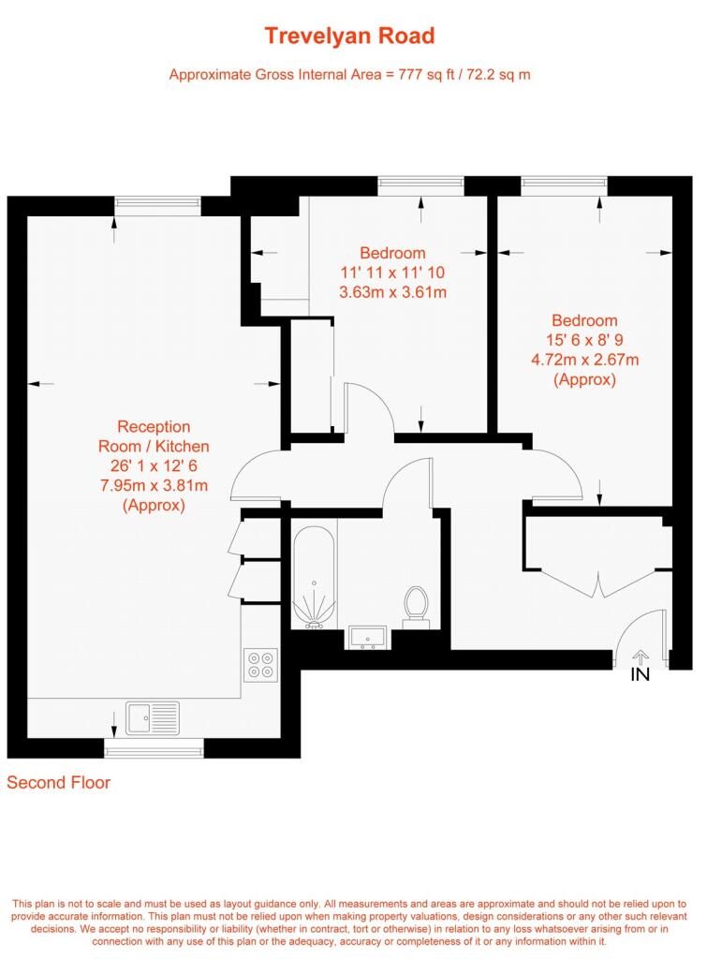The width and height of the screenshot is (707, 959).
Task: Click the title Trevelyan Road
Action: (349, 37)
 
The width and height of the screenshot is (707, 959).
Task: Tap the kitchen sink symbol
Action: (153, 717)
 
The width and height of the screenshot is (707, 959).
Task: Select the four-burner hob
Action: (260, 665)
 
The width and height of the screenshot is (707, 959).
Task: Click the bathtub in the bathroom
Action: (315, 578)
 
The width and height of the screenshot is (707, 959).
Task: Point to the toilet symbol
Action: (416, 607)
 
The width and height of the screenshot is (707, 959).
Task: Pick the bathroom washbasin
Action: (367, 637)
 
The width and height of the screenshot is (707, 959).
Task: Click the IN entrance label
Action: (640, 674)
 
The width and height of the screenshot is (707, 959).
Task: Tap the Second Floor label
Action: (59, 783)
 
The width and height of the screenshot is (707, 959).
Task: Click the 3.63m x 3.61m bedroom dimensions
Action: (392, 292)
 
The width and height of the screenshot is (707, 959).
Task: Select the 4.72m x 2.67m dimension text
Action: (584, 360)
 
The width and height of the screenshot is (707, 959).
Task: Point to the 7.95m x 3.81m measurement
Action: (154, 486)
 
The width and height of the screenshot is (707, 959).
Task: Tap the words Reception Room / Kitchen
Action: (154, 436)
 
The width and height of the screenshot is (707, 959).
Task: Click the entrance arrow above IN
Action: (641, 657)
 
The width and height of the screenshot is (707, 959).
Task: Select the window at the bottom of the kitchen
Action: (154, 748)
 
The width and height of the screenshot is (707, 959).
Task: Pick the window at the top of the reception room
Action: (158, 206)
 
